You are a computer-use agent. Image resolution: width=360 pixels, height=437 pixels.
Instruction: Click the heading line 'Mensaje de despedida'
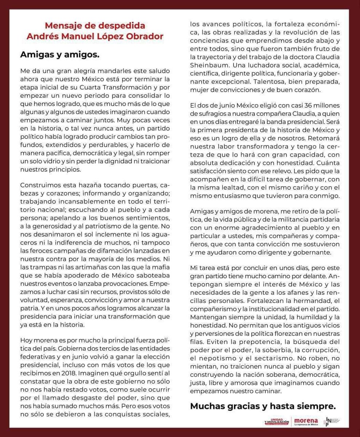pos(95,26)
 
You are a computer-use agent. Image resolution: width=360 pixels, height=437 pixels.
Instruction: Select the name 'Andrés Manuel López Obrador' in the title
pos(95,37)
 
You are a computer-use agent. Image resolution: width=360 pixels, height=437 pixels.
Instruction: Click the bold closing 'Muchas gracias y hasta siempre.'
pos(263,406)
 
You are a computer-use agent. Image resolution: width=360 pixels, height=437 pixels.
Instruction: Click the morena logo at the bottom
pos(306,421)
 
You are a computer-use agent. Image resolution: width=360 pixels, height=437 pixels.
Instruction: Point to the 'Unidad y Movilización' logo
pos(277,421)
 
